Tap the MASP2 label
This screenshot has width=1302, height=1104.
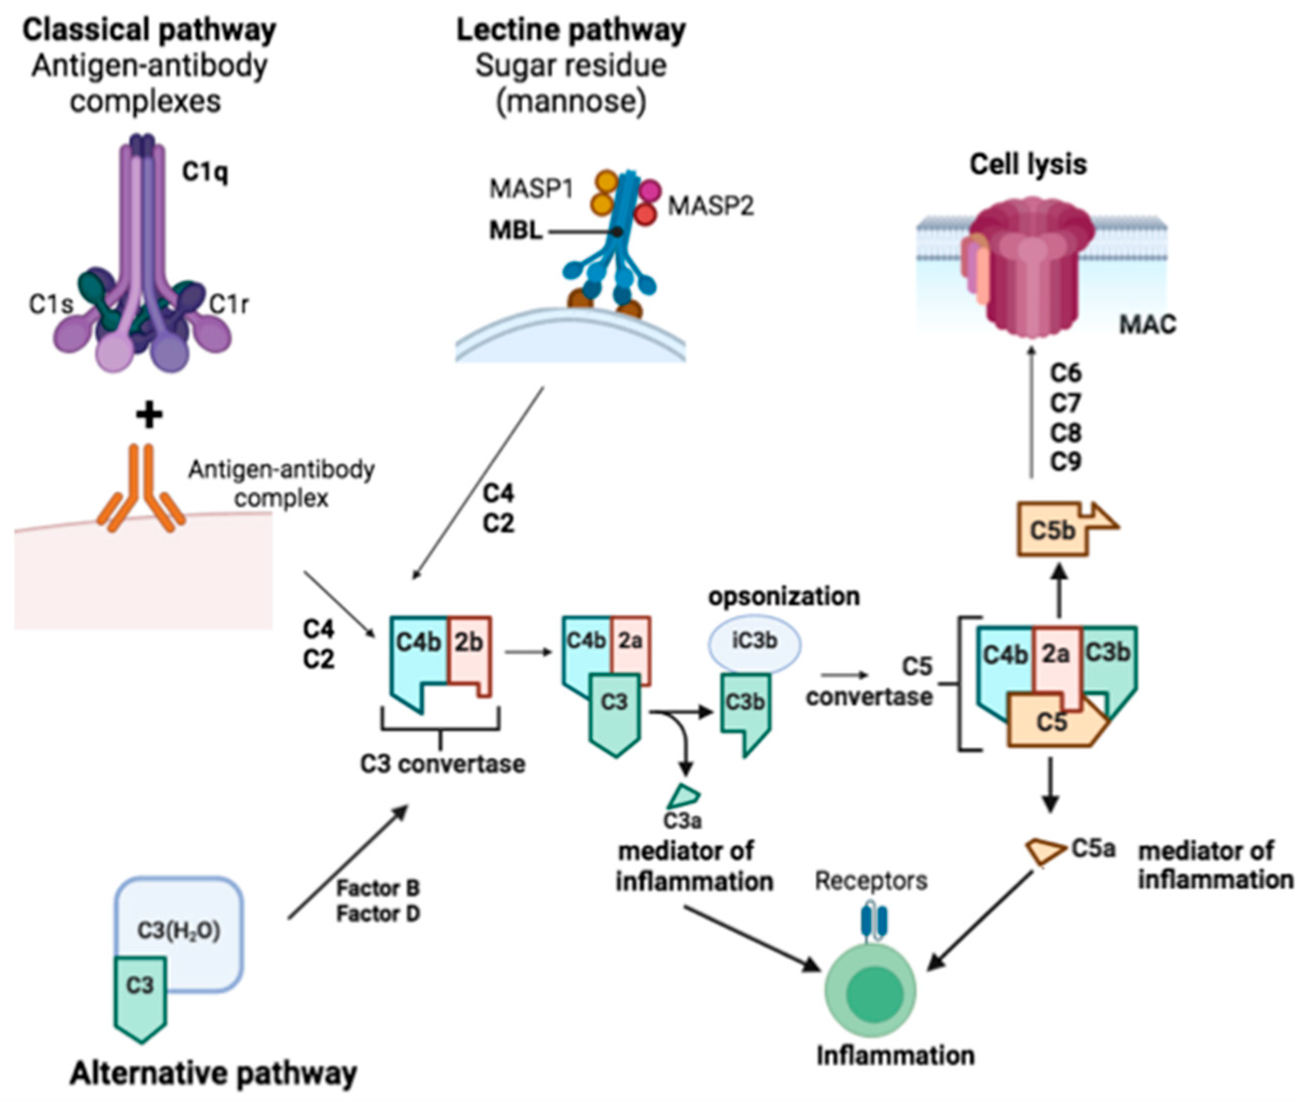[x=710, y=205]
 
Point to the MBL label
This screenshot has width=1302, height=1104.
[x=515, y=231]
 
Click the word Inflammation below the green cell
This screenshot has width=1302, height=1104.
[x=895, y=1056]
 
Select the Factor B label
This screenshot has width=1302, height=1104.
[x=377, y=888]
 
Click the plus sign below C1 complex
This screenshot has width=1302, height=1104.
[x=149, y=414]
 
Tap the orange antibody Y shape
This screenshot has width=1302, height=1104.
[x=141, y=491]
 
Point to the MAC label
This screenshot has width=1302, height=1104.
[x=1147, y=324]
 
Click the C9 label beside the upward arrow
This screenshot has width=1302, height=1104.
[x=1066, y=461]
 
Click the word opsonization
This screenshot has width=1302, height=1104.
[x=784, y=597]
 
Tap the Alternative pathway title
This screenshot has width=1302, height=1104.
[x=213, y=1073]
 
